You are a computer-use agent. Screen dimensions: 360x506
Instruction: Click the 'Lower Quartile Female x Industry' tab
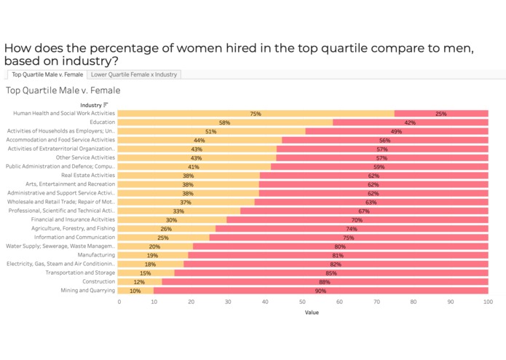pyautogui.click(x=134, y=74)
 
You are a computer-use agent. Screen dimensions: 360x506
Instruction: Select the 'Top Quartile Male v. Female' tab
pyautogui.click(x=47, y=74)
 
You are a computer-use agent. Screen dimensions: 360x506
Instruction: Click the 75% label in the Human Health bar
pyautogui.click(x=256, y=114)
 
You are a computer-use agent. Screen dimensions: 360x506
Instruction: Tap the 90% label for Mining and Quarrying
pyautogui.click(x=320, y=291)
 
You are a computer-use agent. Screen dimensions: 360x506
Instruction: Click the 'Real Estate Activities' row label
pyautogui.click(x=88, y=176)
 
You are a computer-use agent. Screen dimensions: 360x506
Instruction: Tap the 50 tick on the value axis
pyautogui.click(x=303, y=301)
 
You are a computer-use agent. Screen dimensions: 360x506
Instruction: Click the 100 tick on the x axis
pyautogui.click(x=486, y=301)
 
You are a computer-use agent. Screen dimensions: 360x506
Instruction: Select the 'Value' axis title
pyautogui.click(x=311, y=312)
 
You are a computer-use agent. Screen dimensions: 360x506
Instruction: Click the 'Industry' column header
pyautogui.click(x=91, y=105)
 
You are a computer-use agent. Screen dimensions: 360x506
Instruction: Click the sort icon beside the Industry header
pyautogui.click(x=106, y=105)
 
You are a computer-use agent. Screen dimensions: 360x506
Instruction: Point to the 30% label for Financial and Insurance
pyautogui.click(x=171, y=220)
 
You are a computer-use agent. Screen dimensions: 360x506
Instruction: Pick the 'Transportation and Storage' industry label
pyautogui.click(x=81, y=273)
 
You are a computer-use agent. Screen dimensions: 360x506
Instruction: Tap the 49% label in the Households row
pyautogui.click(x=396, y=131)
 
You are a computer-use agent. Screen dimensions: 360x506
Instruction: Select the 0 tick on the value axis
pyautogui.click(x=119, y=301)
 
